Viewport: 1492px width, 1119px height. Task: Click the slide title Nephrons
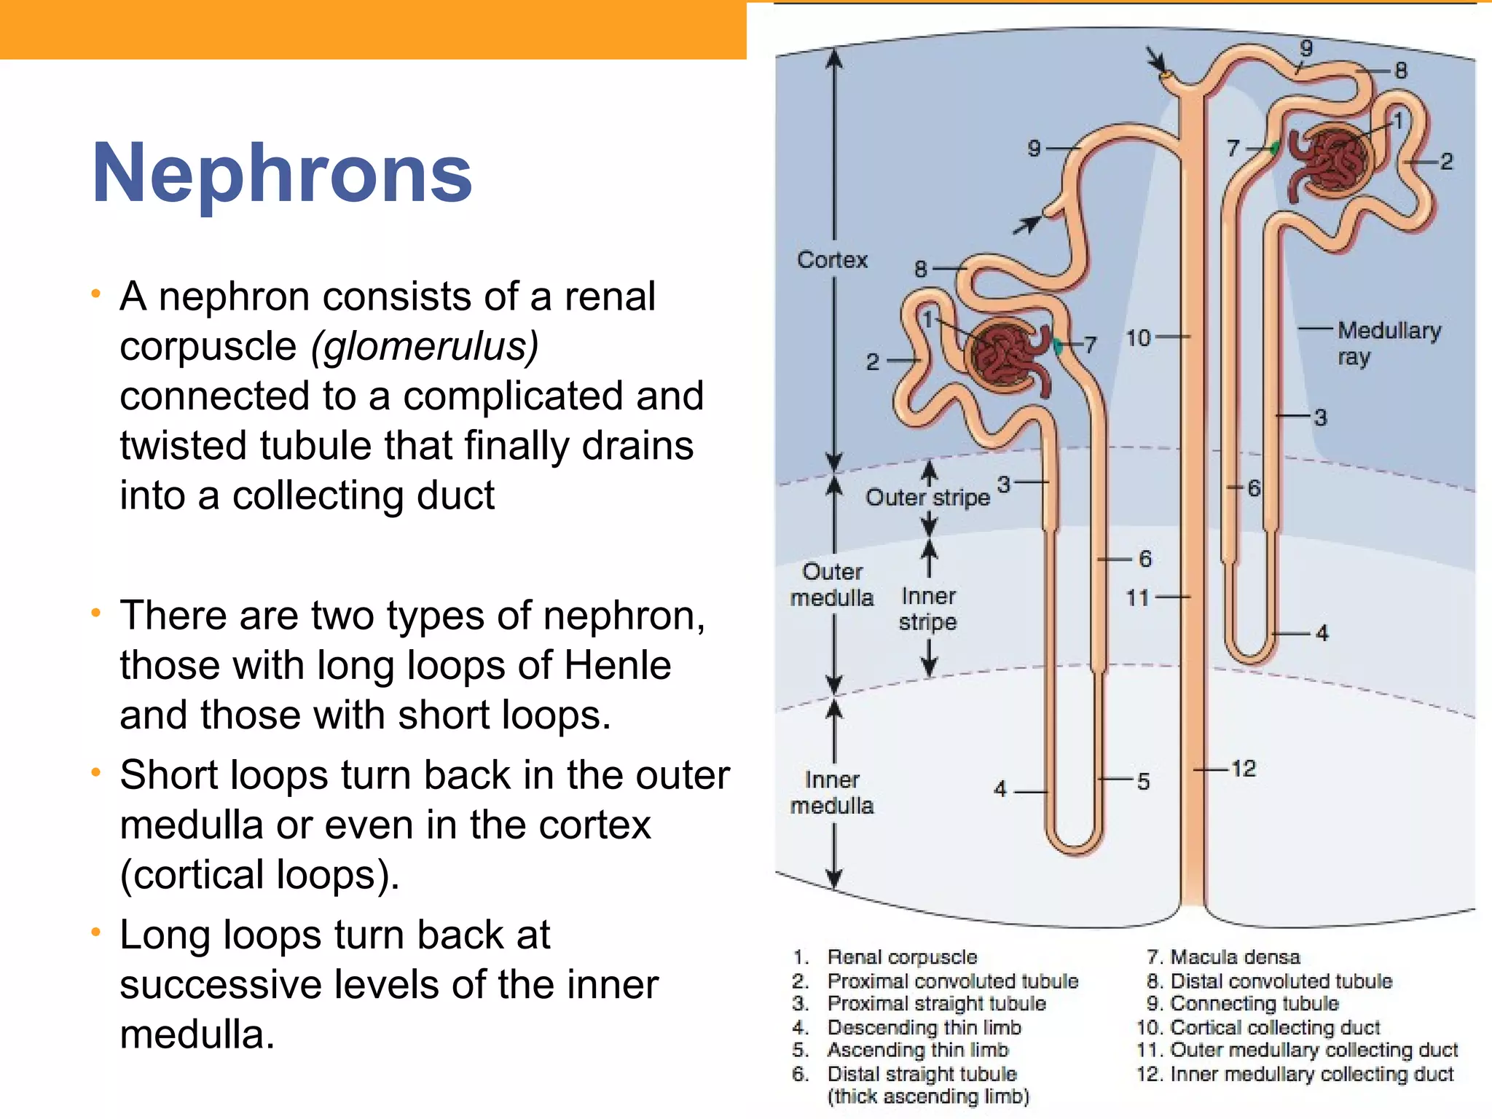coord(282,173)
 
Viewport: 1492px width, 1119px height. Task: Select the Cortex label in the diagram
coord(832,259)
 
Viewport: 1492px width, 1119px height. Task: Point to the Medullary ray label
coord(1388,343)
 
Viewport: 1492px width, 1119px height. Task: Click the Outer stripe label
coord(927,498)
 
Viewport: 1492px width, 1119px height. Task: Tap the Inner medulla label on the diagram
coord(831,793)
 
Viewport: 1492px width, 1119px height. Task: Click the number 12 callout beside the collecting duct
coord(1244,769)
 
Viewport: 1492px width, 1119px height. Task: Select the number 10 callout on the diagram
coord(1138,338)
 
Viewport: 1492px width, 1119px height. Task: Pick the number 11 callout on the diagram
coord(1137,598)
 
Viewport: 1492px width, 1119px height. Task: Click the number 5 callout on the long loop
coord(1143,782)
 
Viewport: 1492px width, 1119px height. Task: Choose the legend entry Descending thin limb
coord(924,1027)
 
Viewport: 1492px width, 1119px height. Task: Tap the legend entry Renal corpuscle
coord(902,957)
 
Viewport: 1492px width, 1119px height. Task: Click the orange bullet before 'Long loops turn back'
coord(95,932)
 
